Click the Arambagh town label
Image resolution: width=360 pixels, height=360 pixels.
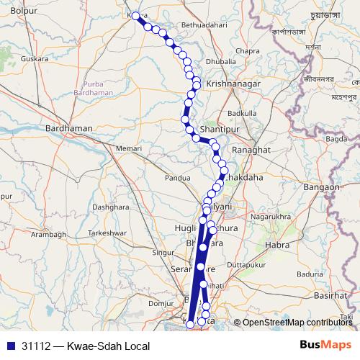coord(48,235)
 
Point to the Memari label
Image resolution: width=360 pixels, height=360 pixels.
coord(130,148)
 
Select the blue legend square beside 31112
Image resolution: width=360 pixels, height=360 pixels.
coord(10,346)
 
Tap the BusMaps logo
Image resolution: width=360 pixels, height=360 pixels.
coord(325,346)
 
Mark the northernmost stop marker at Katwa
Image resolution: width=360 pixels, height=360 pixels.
coord(136,15)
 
